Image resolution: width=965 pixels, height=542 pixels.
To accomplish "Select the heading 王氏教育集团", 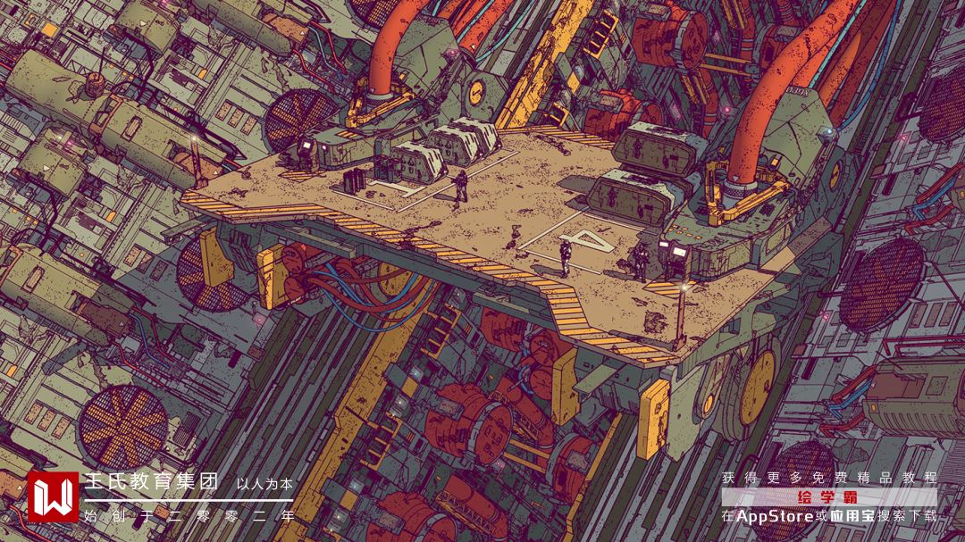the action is (x=151, y=481).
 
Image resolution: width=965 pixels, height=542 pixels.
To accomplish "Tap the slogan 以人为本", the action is (x=264, y=484).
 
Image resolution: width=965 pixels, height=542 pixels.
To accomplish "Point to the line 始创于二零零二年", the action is (x=189, y=516).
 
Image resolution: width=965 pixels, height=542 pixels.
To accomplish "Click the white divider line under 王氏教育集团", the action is (x=189, y=500).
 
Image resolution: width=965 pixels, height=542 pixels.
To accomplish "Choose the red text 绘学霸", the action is (x=827, y=497).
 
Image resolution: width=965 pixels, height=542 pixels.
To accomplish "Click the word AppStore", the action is (x=775, y=516).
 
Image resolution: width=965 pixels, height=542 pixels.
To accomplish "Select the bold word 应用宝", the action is (x=852, y=516).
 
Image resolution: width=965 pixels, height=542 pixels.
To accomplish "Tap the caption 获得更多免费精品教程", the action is (x=829, y=478).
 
